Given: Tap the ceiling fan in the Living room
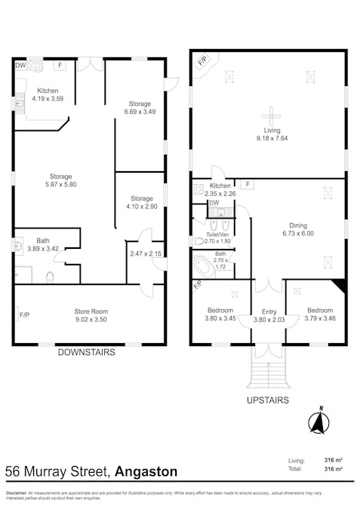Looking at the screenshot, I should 269,115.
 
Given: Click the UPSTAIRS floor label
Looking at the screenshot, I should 268,400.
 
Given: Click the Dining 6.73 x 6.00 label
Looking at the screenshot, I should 298,229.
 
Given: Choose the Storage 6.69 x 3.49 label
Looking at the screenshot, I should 139,108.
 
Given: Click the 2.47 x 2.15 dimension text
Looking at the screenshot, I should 145,253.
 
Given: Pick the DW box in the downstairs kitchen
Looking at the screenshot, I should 20,66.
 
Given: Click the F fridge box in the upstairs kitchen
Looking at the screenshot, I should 248,183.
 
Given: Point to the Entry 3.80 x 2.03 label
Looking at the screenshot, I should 269,314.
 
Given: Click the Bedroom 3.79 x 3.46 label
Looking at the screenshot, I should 320,314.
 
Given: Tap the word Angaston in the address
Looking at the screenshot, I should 146,472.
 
